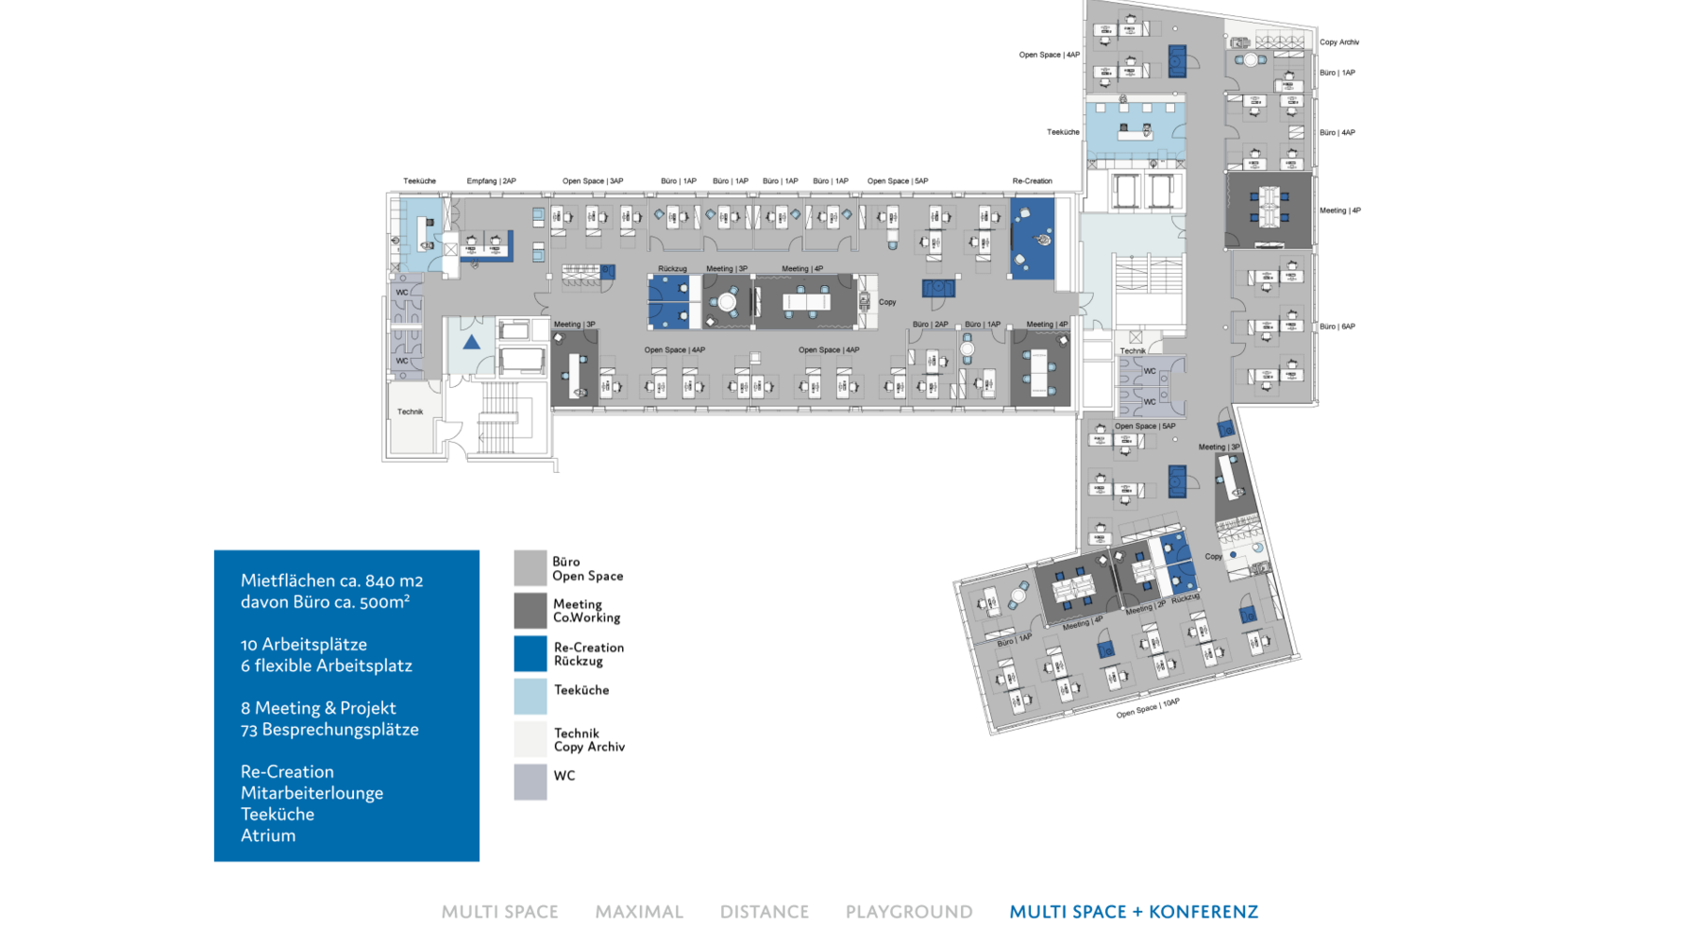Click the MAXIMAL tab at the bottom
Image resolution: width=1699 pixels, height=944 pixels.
(x=639, y=912)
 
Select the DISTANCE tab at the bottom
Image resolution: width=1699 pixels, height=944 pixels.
(x=765, y=912)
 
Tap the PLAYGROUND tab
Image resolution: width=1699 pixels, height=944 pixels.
(x=909, y=912)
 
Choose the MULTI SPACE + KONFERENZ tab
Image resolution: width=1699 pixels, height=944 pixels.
(x=1134, y=912)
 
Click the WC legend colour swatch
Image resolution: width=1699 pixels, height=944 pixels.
(x=530, y=782)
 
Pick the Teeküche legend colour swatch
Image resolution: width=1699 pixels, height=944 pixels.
(x=530, y=696)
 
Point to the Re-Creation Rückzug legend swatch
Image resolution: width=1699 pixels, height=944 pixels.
(x=530, y=653)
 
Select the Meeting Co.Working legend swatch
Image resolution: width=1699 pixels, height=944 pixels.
(x=530, y=610)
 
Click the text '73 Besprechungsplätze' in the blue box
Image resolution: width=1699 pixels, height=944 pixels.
(x=329, y=730)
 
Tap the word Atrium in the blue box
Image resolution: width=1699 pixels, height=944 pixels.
(x=268, y=835)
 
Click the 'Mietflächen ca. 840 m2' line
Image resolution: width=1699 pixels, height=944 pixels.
(x=331, y=581)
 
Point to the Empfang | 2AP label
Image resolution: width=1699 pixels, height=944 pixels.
(x=491, y=181)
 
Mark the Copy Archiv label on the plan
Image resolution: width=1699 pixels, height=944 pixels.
(x=1339, y=42)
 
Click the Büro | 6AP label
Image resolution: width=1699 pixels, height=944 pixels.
(x=1337, y=327)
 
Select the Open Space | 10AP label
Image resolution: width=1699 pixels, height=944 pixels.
(x=1148, y=708)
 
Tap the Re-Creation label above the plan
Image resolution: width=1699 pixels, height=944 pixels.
(x=1032, y=181)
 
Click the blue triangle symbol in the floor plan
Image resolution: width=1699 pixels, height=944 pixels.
(x=471, y=343)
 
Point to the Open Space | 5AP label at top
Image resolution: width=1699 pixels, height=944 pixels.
(x=898, y=181)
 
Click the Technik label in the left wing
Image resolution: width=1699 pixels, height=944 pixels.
(x=410, y=412)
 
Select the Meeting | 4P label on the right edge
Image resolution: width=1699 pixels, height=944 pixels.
(x=1340, y=211)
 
